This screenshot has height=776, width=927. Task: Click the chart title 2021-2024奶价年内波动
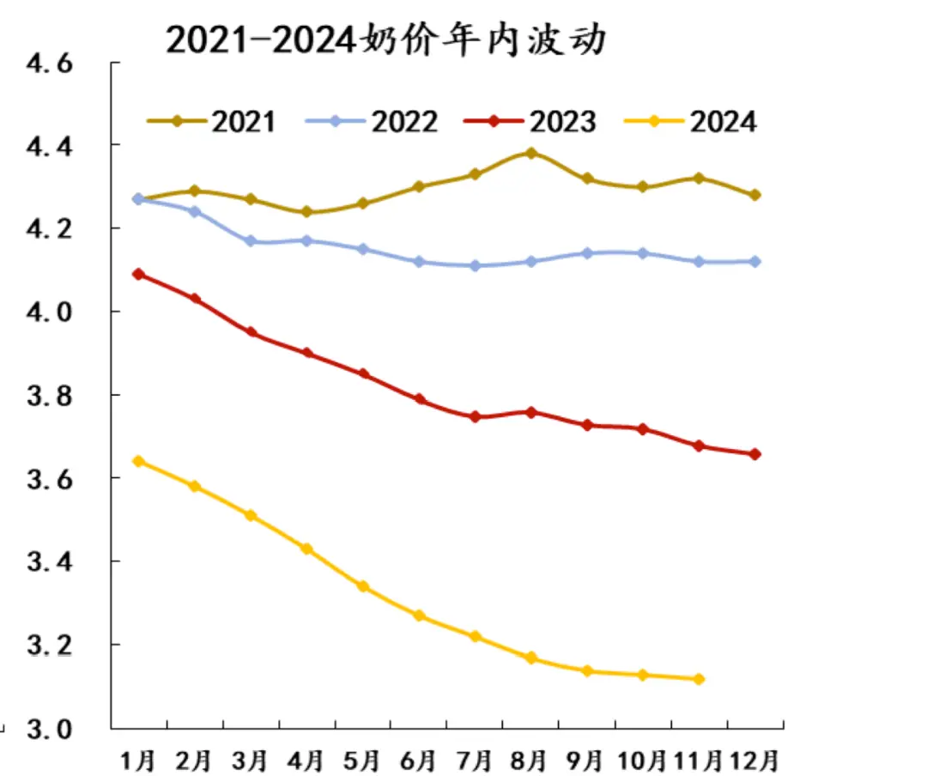point(385,40)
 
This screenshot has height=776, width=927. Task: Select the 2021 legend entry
point(211,121)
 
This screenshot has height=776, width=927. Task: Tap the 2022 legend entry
point(372,121)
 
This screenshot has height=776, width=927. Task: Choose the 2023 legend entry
point(530,121)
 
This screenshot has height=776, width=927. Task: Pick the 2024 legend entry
point(691,121)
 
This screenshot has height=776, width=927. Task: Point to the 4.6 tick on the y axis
point(53,65)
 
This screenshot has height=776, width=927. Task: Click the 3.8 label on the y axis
point(53,396)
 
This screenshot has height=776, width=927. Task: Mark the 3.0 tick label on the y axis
point(53,728)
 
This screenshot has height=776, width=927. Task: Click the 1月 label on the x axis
point(139,760)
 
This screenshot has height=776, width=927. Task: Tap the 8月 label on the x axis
point(530,760)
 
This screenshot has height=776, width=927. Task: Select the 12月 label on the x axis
point(755,760)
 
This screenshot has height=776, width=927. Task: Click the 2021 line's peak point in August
point(530,154)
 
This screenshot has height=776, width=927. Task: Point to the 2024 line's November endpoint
point(699,679)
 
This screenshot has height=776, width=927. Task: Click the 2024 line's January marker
point(138,461)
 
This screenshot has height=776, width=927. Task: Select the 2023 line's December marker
point(754,454)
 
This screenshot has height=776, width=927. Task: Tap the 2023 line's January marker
point(138,275)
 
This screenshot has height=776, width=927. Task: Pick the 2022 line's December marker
point(754,262)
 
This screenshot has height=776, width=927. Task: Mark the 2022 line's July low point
point(475,266)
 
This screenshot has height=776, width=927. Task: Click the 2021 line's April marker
point(306,212)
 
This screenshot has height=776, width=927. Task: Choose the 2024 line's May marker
point(362,586)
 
